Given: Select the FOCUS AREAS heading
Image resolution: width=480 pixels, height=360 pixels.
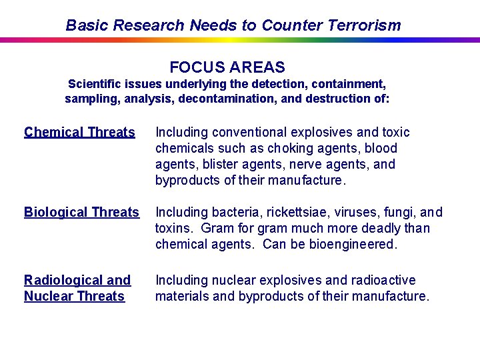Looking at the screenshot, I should tap(227, 67).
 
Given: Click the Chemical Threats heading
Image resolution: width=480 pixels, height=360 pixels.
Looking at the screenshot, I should tap(79, 132).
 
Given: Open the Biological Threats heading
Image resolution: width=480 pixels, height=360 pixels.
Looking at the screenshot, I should tap(81, 212).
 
